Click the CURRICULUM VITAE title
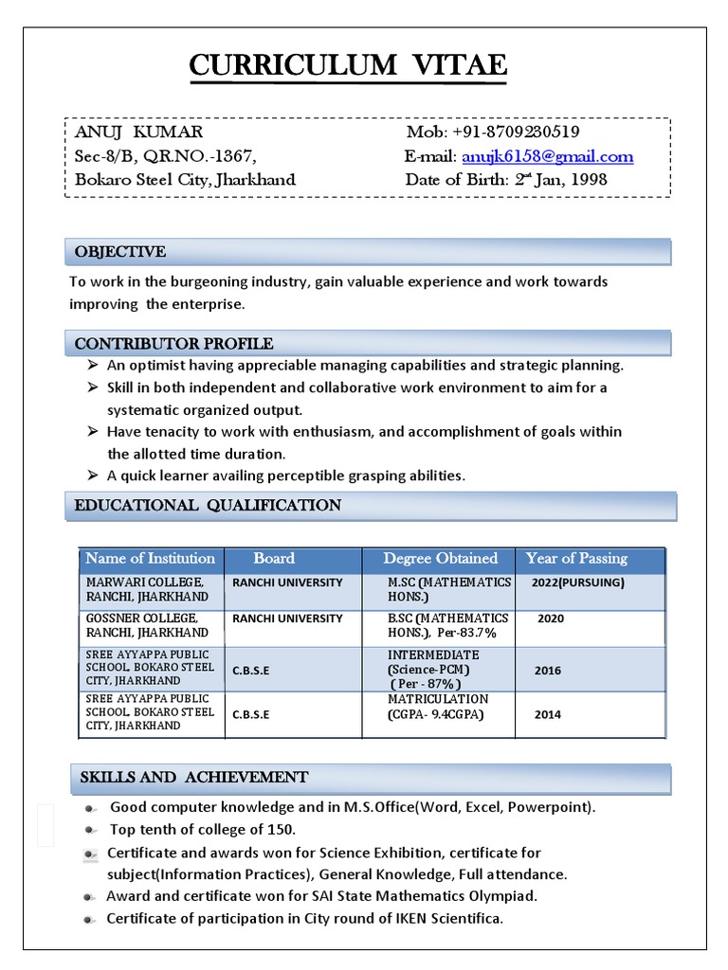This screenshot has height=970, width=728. (348, 65)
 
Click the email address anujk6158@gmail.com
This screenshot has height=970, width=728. (547, 156)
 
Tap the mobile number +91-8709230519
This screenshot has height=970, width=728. (493, 132)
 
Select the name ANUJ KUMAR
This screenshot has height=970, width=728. (138, 132)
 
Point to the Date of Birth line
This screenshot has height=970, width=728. (506, 179)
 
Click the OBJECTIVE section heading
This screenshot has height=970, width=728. (120, 252)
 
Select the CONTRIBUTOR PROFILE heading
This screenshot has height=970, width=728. (173, 344)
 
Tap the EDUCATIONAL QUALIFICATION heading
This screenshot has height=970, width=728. (208, 506)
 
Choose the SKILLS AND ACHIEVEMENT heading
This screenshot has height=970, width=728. (193, 778)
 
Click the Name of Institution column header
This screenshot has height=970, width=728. (151, 559)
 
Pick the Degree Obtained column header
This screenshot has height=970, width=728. (440, 559)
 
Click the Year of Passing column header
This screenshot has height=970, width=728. (576, 559)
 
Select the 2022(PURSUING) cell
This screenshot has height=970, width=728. (578, 583)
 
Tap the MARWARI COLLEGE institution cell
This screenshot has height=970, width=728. (147, 589)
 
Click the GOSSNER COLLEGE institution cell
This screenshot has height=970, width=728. (147, 625)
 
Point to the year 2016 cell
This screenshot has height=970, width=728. (547, 671)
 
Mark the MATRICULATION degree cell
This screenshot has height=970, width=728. (437, 707)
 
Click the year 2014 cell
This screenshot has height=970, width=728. (547, 715)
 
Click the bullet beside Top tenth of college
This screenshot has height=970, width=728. (89, 831)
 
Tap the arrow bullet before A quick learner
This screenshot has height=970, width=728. (92, 476)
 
